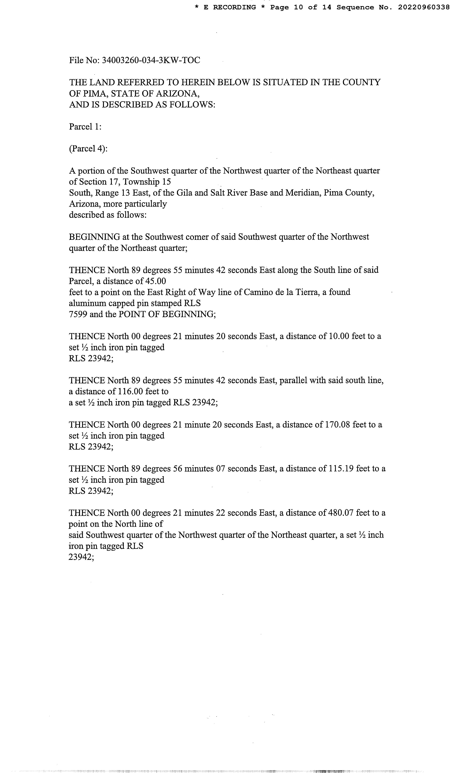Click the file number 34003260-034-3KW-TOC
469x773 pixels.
click(x=151, y=60)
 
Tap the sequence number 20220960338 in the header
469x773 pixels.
click(x=424, y=7)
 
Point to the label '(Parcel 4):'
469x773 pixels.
click(x=88, y=149)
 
